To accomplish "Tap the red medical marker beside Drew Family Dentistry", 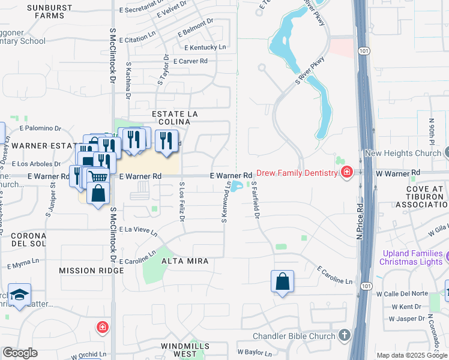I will (346, 173).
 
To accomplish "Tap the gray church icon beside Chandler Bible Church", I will (344, 335).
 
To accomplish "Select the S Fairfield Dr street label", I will (255, 200).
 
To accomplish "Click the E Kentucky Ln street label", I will (205, 47).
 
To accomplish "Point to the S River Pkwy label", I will (310, 71).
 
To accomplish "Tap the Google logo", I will (19, 353).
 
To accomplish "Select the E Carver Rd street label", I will (190, 61).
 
